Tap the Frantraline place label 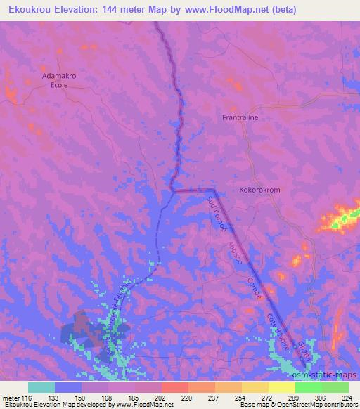point(240,117)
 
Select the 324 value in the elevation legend point(346,397)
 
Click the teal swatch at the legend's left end point(41,387)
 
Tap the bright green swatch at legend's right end point(335,387)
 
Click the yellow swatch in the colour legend point(281,387)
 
